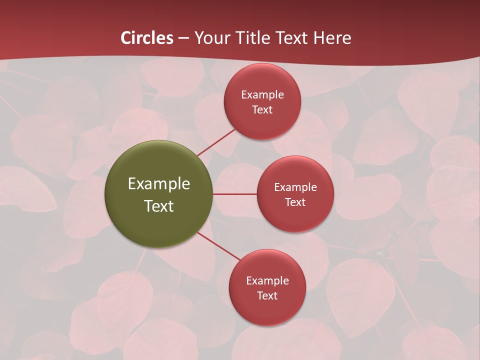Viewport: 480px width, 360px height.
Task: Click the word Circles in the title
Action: coord(147,38)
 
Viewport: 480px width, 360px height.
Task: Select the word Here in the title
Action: coord(331,38)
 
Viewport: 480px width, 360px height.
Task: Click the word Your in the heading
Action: coord(212,38)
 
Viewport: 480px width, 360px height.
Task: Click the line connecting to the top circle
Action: coord(216,141)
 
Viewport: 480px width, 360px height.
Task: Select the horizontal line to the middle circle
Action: coord(235,194)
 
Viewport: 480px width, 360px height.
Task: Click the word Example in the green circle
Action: coord(159,184)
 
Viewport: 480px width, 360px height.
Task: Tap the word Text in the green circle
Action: coord(159,206)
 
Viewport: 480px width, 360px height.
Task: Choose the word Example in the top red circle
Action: coord(262,95)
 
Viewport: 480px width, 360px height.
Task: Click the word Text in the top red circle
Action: coord(262,110)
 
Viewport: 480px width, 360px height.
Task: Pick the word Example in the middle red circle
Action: coord(295,187)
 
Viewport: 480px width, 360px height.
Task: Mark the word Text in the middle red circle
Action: coord(295,202)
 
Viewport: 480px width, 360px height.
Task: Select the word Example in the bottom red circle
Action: coord(267,281)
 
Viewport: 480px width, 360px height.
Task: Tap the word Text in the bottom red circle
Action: coord(267,296)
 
